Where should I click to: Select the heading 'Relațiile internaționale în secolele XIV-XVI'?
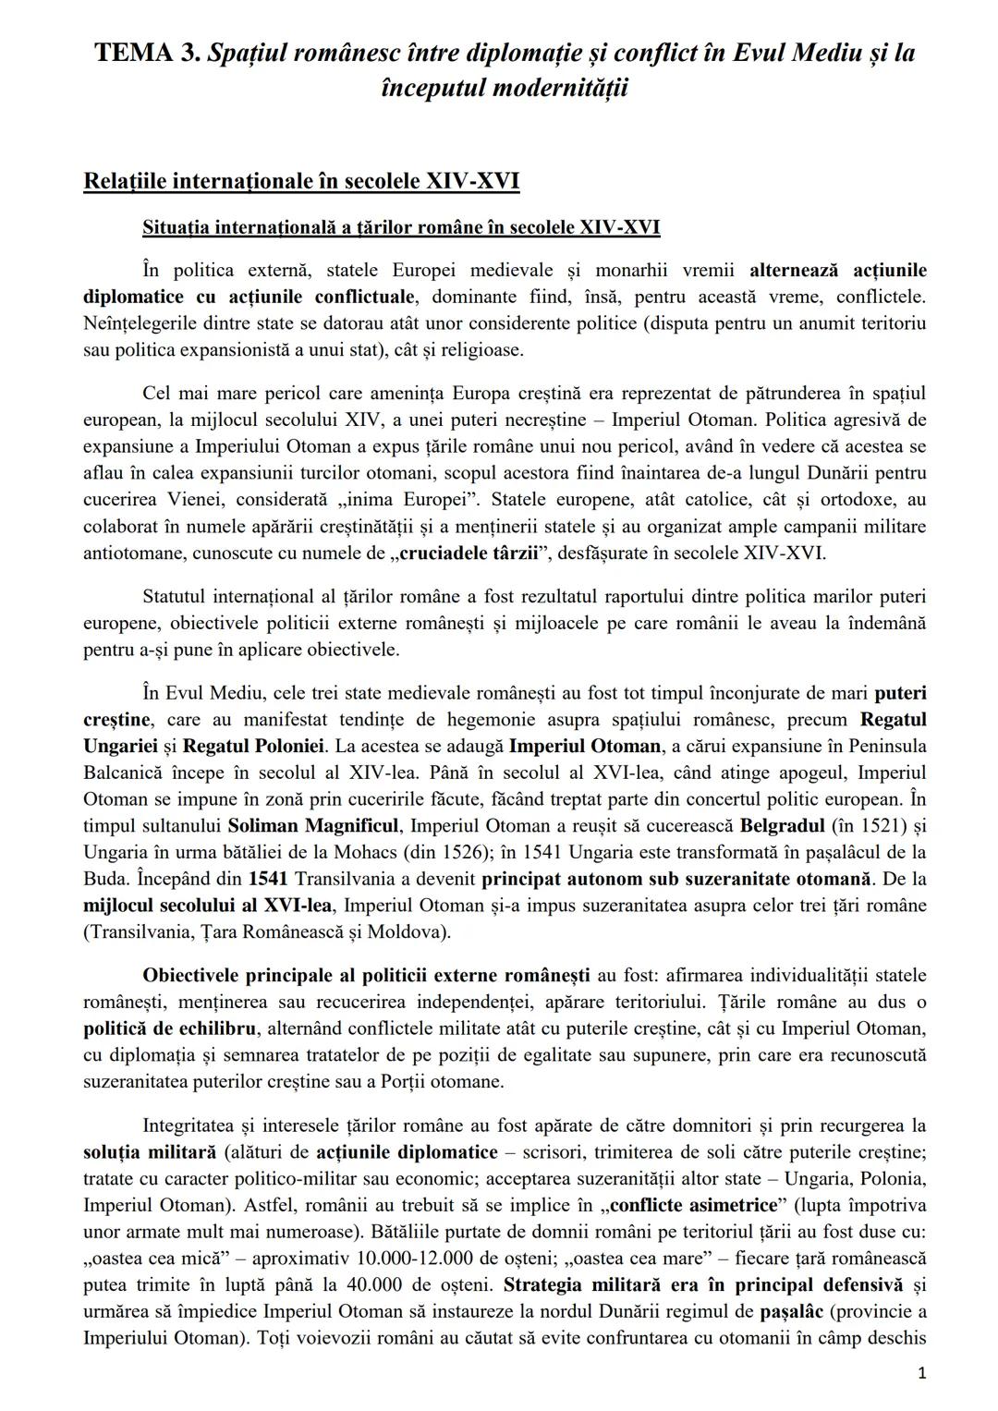300,180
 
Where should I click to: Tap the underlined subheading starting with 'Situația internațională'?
400,227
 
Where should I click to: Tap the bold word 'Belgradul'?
780,824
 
